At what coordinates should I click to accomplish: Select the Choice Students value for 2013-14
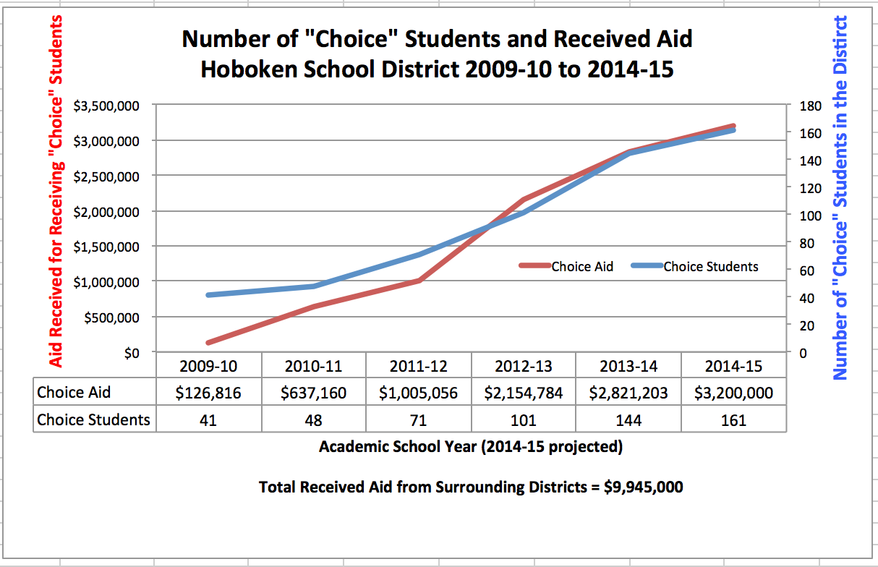tap(628, 419)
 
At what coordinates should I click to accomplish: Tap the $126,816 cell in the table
tap(208, 393)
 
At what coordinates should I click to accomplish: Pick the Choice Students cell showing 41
tap(208, 419)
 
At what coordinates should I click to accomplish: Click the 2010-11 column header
tap(313, 366)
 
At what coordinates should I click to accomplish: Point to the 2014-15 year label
tap(733, 366)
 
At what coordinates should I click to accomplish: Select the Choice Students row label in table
tap(93, 419)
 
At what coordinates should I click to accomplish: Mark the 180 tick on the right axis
tap(812, 106)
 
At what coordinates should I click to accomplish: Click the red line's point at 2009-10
tap(208, 343)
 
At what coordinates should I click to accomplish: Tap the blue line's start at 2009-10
tap(208, 295)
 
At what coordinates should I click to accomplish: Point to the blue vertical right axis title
tap(840, 197)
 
